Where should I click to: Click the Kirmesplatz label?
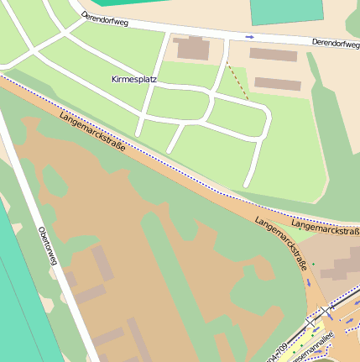coord(134,79)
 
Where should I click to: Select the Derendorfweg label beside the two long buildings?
coord(335,43)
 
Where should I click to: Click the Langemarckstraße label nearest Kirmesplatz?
coord(92,130)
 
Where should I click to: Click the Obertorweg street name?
coord(47,246)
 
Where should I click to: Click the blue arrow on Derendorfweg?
coord(249,37)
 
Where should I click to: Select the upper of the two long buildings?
coord(274,55)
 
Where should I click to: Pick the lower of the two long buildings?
coord(278,84)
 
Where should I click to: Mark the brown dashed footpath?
coord(237,80)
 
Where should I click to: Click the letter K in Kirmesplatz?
coord(114,79)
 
